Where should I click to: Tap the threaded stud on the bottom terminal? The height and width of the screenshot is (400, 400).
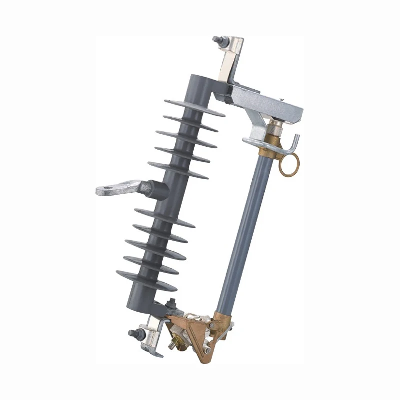pyautogui.click(x=133, y=333)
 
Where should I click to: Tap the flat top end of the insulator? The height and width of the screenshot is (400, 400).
pyautogui.click(x=200, y=79)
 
